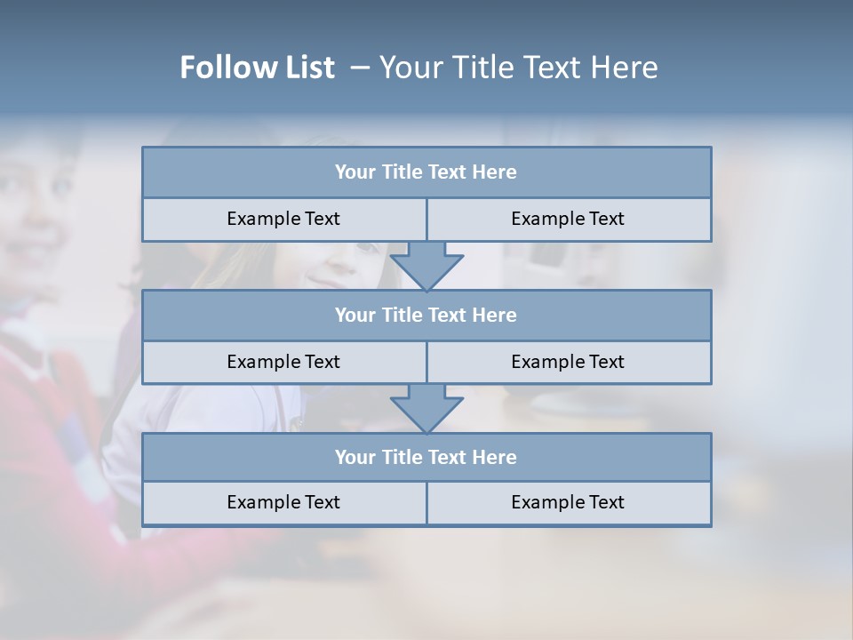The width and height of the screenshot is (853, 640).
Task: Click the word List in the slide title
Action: click(307, 68)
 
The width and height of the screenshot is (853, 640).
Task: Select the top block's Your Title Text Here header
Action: click(426, 172)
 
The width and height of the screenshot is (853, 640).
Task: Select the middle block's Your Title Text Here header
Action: click(426, 316)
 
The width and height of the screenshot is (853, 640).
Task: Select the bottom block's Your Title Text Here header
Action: click(426, 458)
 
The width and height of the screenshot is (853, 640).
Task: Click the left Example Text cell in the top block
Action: click(283, 219)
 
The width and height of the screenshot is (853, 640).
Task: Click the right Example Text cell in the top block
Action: click(568, 219)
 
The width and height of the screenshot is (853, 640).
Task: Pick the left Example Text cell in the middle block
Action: click(283, 362)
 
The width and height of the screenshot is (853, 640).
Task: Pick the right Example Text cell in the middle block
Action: click(568, 362)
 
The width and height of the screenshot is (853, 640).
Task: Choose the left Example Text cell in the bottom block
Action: click(283, 502)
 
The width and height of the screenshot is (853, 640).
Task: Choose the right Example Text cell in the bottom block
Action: click(568, 502)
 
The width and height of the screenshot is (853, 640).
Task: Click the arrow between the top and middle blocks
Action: click(426, 265)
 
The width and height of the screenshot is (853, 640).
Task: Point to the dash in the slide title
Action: click(360, 68)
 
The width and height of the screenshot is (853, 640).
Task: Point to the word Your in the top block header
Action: click(355, 172)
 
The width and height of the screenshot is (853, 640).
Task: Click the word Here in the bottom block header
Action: click(495, 458)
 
